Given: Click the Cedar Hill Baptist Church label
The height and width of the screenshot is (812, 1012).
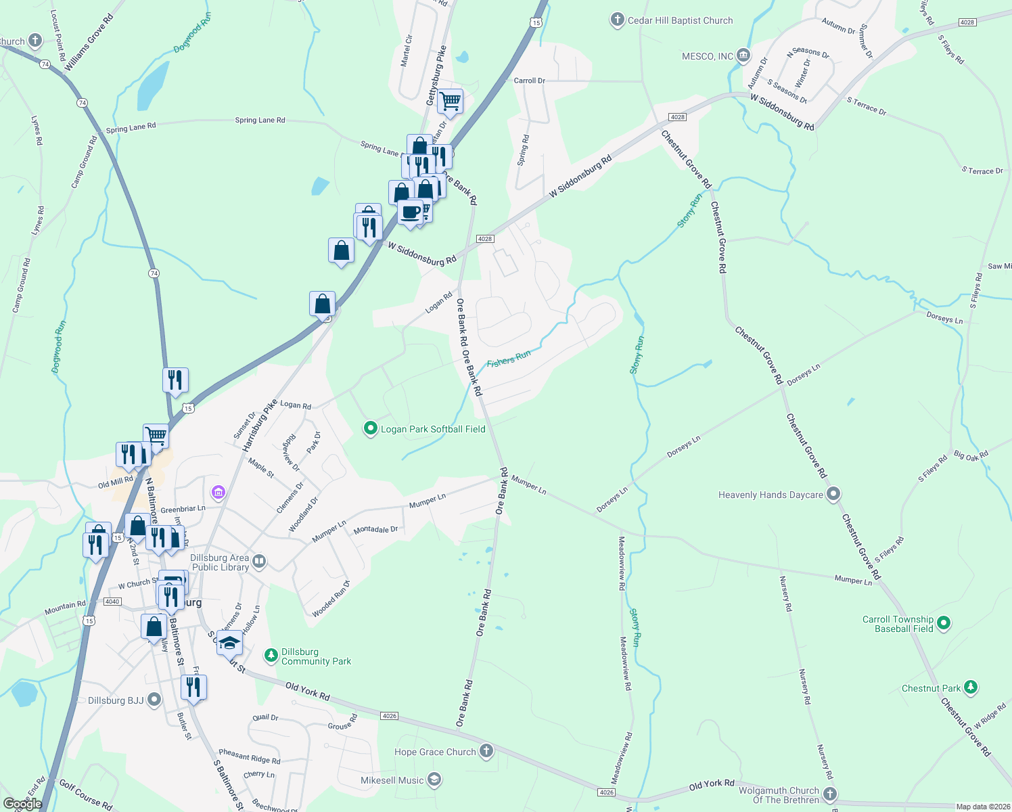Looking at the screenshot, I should [680, 21].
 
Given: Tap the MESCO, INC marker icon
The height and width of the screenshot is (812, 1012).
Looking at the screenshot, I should [743, 55].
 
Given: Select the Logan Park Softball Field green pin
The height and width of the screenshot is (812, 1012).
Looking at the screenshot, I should [370, 428].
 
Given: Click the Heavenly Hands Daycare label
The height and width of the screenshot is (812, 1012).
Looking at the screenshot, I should [770, 495].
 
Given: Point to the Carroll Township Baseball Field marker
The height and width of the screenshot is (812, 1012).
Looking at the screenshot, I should [945, 623].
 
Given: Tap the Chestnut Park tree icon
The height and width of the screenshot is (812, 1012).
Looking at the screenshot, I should [971, 687].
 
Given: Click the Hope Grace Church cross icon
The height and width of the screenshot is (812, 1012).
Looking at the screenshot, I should [486, 751].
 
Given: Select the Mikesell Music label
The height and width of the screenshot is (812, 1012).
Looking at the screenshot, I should [392, 780].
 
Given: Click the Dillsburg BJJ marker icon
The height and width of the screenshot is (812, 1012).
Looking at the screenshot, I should [154, 700].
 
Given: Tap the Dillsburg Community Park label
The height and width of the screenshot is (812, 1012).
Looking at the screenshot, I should [316, 656].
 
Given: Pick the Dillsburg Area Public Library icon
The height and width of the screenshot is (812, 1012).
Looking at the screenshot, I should [258, 562].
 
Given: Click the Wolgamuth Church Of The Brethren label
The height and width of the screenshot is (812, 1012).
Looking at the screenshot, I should [779, 795].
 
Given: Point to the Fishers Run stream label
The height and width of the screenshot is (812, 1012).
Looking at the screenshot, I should [509, 359].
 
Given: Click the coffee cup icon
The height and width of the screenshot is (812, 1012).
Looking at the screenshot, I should [410, 212].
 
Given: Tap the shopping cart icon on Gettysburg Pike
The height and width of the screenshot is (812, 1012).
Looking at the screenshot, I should [450, 102].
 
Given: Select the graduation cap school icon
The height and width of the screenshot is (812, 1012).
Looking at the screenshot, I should [229, 643].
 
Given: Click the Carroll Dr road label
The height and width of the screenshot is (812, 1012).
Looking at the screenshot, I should [529, 81].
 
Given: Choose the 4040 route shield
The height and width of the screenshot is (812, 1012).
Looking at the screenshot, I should [112, 602].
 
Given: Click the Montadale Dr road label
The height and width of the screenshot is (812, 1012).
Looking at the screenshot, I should [375, 530].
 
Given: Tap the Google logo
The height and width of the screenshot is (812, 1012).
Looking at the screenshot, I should [23, 804].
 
